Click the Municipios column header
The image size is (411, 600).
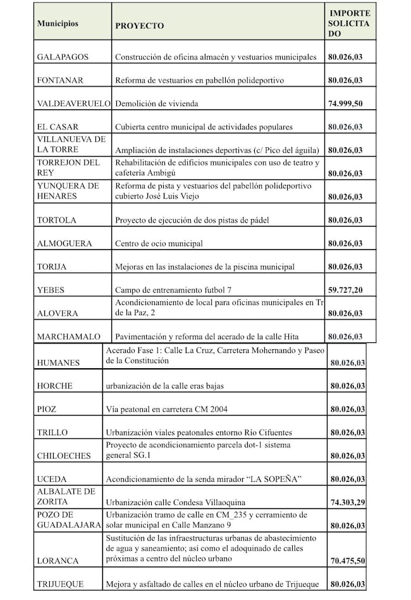[58, 23]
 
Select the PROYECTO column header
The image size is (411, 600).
[139, 26]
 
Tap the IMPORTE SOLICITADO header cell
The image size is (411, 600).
[349, 23]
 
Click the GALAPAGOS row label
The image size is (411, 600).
[63, 57]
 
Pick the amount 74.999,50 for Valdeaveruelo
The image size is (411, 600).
[345, 104]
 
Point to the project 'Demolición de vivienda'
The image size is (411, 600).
[157, 104]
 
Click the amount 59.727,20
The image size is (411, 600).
[345, 291]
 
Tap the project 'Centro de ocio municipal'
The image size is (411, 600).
[159, 244]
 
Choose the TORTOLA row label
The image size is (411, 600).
[56, 220]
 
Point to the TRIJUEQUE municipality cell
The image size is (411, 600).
[60, 585]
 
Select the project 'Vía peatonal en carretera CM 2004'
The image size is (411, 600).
[170, 409]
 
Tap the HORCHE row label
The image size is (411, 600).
[54, 386]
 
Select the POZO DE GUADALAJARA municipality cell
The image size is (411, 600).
[68, 520]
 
